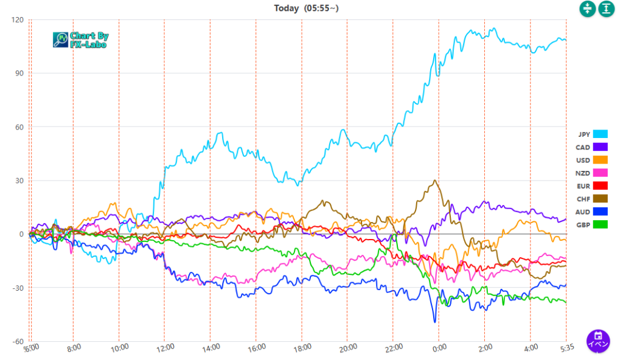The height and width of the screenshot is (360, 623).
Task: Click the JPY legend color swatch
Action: pyautogui.click(x=600, y=134)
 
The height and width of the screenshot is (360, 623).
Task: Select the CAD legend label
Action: pyautogui.click(x=582, y=147)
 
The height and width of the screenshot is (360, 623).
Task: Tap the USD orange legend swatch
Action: pyautogui.click(x=600, y=160)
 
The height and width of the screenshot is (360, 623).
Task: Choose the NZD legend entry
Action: pyautogui.click(x=582, y=173)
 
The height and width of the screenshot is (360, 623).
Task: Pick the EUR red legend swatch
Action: pyautogui.click(x=600, y=186)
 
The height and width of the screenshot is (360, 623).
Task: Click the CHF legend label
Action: pyautogui.click(x=582, y=199)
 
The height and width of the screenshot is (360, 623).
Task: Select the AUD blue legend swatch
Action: pyautogui.click(x=600, y=212)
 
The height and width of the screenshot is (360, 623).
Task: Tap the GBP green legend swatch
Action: pyautogui.click(x=600, y=225)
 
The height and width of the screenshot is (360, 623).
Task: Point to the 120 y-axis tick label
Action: pyautogui.click(x=17, y=20)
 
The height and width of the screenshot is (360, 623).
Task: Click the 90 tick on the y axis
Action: pyautogui.click(x=19, y=74)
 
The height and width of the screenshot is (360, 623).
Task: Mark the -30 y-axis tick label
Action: pyautogui.click(x=17, y=288)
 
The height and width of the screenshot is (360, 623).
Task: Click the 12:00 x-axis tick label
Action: pyautogui.click(x=165, y=348)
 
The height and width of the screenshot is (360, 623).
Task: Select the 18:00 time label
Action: pyautogui.click(x=302, y=348)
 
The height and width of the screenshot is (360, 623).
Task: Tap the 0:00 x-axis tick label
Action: pyautogui.click(x=439, y=348)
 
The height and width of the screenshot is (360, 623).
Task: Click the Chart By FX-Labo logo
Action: pyautogui.click(x=80, y=40)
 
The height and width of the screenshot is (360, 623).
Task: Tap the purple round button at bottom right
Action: pyautogui.click(x=598, y=340)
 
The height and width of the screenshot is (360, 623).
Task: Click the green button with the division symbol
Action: pyautogui.click(x=587, y=9)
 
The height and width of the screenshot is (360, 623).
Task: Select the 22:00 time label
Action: pyautogui.click(x=394, y=348)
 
